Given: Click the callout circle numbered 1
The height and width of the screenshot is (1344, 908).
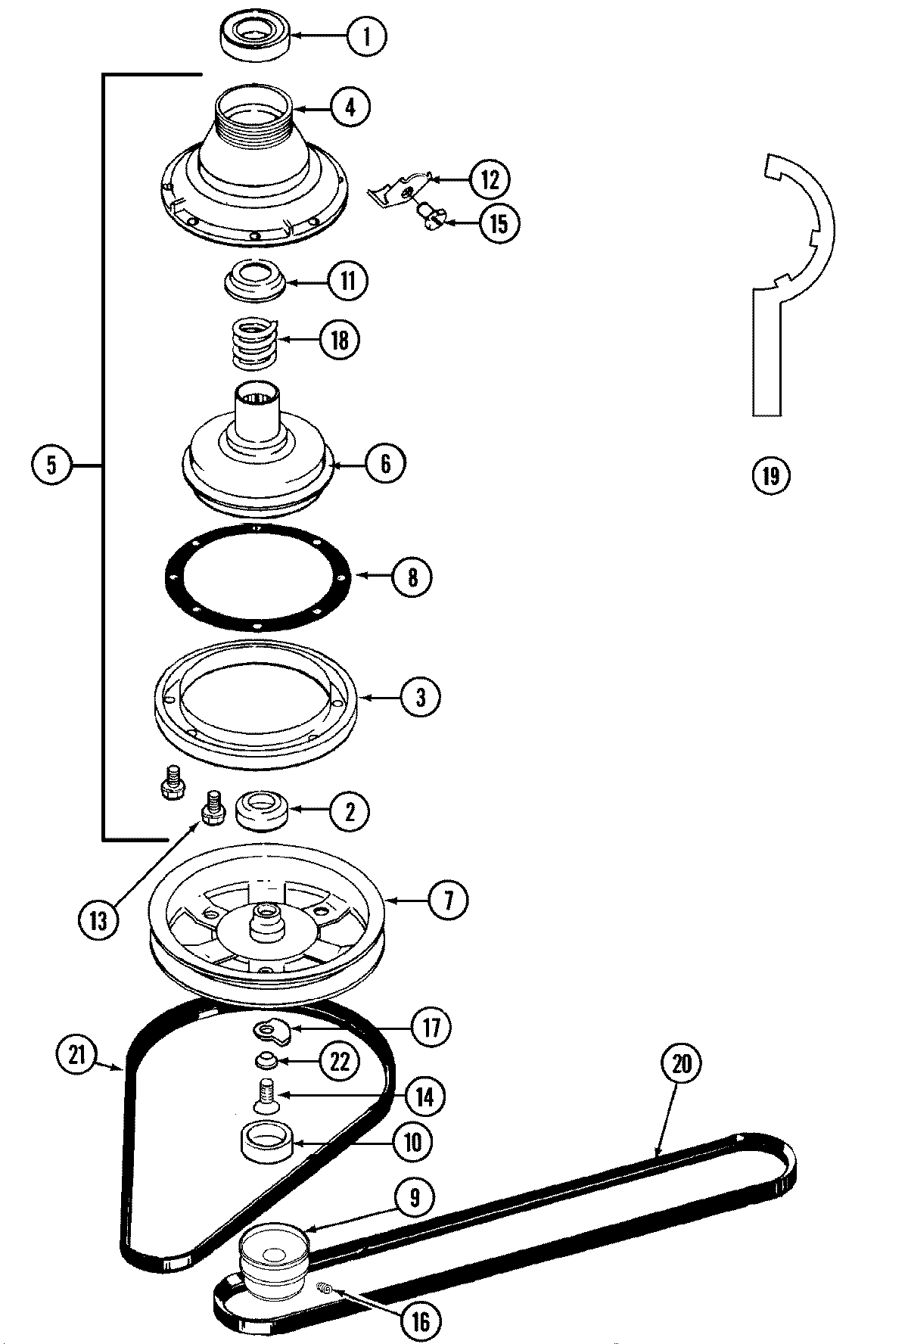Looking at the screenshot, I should tap(367, 36).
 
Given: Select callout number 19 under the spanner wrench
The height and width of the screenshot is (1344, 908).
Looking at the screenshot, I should tap(770, 475).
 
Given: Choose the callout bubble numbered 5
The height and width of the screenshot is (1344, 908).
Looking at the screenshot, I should tap(51, 463).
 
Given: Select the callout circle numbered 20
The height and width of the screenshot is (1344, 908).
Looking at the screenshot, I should tap(682, 1063).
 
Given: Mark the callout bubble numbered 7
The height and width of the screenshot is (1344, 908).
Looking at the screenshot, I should tap(446, 901).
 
